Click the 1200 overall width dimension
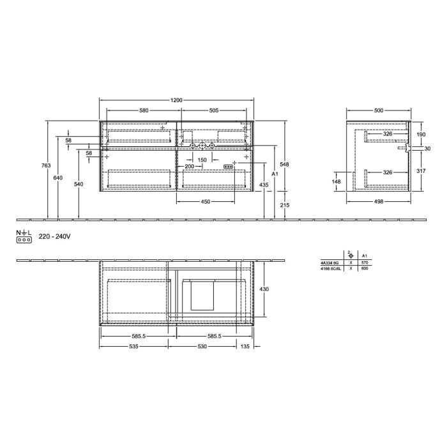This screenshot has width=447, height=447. (x=177, y=100)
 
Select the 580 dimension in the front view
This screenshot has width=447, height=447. (x=144, y=110)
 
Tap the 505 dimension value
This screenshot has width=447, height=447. (x=214, y=110)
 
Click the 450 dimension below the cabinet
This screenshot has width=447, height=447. (x=206, y=202)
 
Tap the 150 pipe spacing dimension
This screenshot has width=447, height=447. (x=202, y=160)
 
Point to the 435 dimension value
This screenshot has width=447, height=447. (x=264, y=185)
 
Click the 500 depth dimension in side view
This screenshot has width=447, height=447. (x=379, y=110)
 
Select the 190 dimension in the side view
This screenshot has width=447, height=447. (x=421, y=135)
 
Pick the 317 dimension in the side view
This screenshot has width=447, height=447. (x=421, y=170)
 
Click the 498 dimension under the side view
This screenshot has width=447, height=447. (x=379, y=202)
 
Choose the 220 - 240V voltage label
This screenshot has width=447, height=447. (x=54, y=236)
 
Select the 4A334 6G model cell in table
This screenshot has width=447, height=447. (x=330, y=262)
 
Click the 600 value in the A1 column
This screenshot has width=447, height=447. (x=365, y=268)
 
